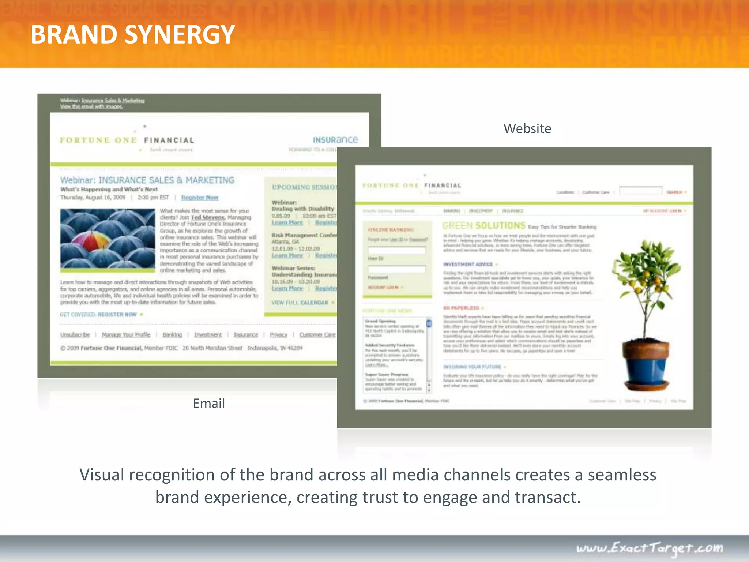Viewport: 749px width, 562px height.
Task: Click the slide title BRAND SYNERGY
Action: pyautogui.click(x=132, y=34)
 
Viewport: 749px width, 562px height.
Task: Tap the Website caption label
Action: pyautogui.click(x=527, y=129)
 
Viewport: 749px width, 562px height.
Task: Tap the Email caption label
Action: pyautogui.click(x=209, y=404)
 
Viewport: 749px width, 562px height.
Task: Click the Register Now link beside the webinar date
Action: pyautogui.click(x=200, y=198)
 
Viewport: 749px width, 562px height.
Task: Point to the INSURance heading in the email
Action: pyautogui.click(x=335, y=140)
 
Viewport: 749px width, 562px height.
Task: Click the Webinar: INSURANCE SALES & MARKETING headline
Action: pyautogui.click(x=147, y=180)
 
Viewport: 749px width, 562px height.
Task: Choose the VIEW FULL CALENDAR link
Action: pyautogui.click(x=300, y=303)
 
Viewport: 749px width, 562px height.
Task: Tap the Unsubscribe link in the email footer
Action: pyautogui.click(x=75, y=334)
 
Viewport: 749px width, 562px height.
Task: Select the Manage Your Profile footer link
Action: pyautogui.click(x=126, y=334)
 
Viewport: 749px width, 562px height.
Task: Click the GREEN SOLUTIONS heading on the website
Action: pyautogui.click(x=483, y=225)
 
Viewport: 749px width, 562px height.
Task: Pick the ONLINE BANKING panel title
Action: pyautogui.click(x=391, y=230)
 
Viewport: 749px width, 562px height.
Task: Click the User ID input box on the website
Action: pyautogui.click(x=397, y=250)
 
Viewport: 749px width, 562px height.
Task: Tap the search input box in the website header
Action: pyautogui.click(x=640, y=191)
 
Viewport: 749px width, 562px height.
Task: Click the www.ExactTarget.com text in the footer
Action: pyautogui.click(x=650, y=548)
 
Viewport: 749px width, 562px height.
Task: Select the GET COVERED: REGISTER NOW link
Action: pyautogui.click(x=98, y=315)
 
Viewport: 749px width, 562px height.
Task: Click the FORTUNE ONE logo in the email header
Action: pyautogui.click(x=98, y=140)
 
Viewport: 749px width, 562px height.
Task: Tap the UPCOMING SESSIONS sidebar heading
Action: pyautogui.click(x=304, y=187)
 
